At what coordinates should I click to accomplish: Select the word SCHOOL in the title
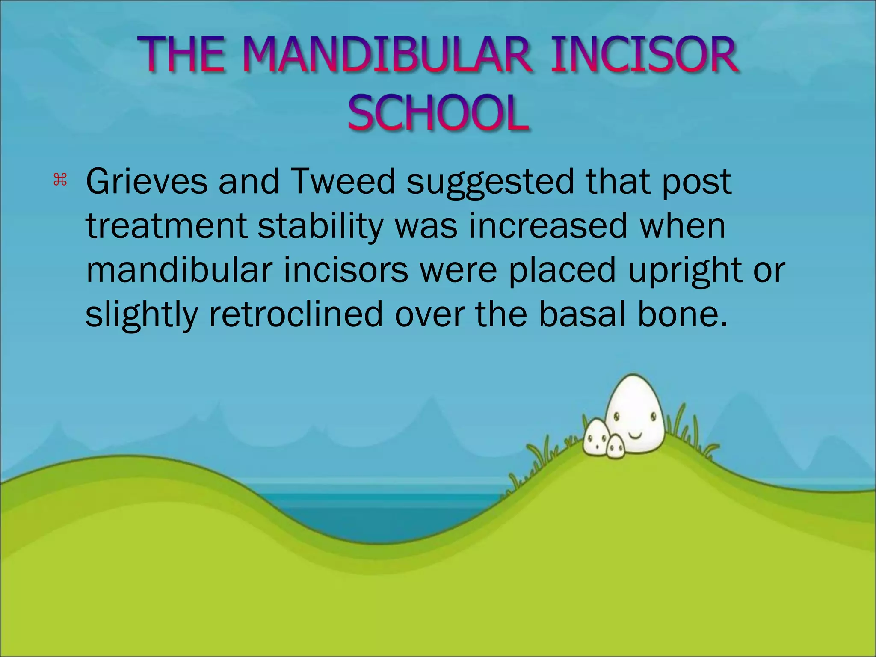pyautogui.click(x=438, y=113)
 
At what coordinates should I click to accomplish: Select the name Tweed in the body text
pyautogui.click(x=343, y=181)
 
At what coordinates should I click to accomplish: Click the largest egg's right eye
pyautogui.click(x=653, y=416)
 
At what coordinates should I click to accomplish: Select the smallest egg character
pyautogui.click(x=616, y=447)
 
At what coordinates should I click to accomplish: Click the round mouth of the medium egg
pyautogui.click(x=596, y=447)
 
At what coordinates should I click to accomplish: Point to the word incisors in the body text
pyautogui.click(x=346, y=270)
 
